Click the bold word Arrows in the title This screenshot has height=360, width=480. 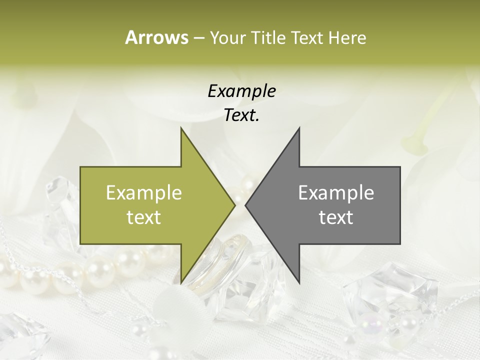click(156, 37)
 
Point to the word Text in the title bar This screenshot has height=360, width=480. click(307, 38)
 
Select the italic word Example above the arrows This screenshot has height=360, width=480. click(241, 91)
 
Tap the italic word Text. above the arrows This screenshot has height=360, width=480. click(241, 115)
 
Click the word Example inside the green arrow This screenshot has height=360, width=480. click(144, 193)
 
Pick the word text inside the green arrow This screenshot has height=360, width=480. click(144, 217)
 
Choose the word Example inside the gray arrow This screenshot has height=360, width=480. click(336, 193)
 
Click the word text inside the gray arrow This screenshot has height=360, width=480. click(336, 217)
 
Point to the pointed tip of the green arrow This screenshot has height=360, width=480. click(234, 205)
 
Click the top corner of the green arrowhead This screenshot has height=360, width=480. click(181, 128)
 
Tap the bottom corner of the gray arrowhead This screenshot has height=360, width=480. click(299, 283)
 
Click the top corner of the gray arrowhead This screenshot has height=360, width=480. click(299, 128)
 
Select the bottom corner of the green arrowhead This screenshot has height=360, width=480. click(181, 283)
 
